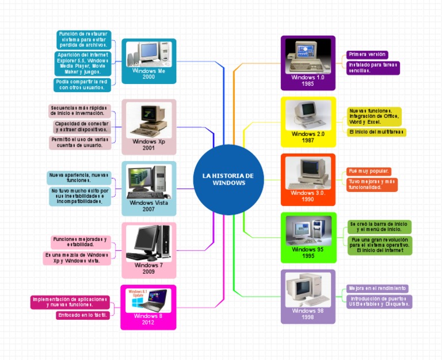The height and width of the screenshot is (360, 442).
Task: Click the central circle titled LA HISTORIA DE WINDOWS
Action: (x=228, y=179)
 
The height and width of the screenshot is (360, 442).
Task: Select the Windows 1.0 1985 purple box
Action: (x=308, y=63)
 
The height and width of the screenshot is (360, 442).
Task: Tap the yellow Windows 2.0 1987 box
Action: (x=308, y=121)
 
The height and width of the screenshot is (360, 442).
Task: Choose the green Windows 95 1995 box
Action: (x=308, y=237)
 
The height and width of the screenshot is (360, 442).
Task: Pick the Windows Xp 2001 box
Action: (x=149, y=127)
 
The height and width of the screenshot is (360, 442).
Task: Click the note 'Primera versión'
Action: (x=367, y=54)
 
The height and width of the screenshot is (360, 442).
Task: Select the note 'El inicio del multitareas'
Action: (x=376, y=132)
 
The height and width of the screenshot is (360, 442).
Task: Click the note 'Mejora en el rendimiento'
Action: (x=377, y=288)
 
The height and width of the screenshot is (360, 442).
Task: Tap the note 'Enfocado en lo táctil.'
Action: (x=83, y=315)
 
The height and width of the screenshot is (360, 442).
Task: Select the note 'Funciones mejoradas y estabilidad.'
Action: (x=80, y=242)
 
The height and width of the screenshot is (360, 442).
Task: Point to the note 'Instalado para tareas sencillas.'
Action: (x=373, y=68)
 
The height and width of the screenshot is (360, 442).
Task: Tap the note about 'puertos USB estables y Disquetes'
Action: (x=378, y=301)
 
